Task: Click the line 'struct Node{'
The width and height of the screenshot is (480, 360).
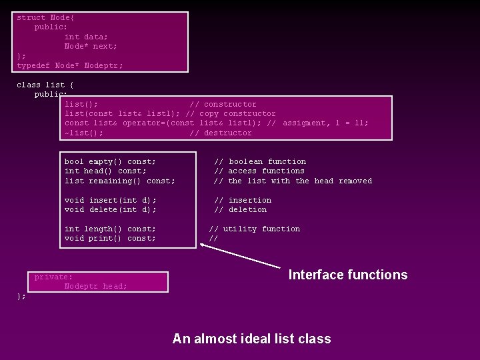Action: click(x=41, y=17)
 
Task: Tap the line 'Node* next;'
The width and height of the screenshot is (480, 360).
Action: click(x=91, y=46)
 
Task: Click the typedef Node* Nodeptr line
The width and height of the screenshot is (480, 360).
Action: click(x=70, y=65)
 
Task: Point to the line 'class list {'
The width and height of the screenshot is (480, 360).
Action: click(x=45, y=85)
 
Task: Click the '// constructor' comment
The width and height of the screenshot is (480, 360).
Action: click(x=223, y=104)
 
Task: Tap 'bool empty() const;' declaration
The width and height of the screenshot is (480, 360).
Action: click(x=110, y=161)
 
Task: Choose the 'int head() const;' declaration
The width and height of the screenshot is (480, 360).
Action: click(x=105, y=171)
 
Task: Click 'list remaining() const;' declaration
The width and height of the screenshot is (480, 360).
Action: click(x=120, y=181)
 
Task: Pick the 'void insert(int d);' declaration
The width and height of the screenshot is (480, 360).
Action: click(x=110, y=200)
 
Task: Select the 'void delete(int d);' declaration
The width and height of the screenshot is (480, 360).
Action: click(x=110, y=209)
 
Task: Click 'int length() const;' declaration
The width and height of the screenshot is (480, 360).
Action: click(x=110, y=229)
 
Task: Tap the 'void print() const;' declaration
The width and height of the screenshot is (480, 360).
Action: click(x=110, y=238)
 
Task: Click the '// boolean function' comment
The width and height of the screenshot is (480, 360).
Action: click(x=260, y=161)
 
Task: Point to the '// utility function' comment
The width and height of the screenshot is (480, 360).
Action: click(x=255, y=229)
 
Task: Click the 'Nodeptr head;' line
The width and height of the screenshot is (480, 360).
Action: click(x=95, y=286)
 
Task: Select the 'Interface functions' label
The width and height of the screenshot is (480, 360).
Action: click(x=347, y=275)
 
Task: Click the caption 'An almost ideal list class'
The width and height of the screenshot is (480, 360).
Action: click(x=251, y=339)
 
